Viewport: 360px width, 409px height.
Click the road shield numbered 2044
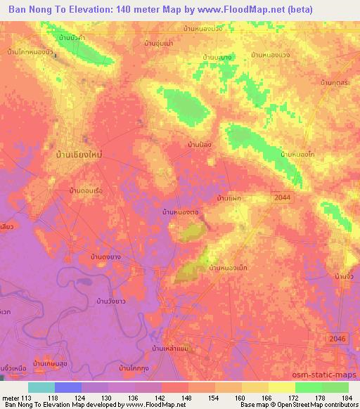tap(282, 199)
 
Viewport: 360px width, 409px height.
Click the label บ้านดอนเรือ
tap(86, 191)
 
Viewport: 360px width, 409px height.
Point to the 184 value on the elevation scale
tap(346, 397)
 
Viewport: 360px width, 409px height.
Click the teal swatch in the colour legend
tap(41, 387)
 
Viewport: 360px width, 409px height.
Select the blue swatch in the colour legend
tap(67, 387)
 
